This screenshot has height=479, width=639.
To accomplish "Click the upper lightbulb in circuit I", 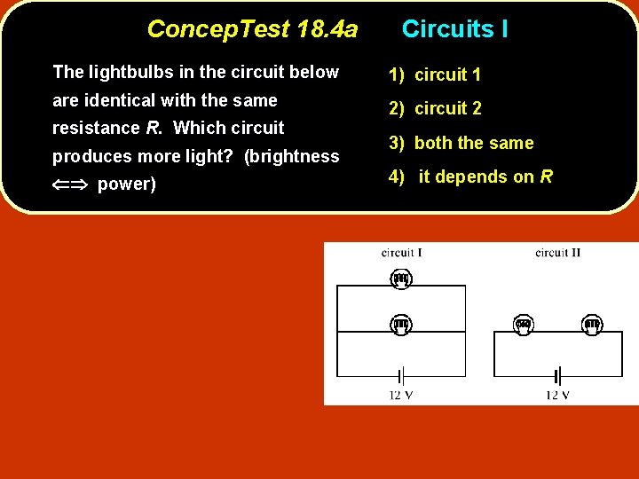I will (401, 279).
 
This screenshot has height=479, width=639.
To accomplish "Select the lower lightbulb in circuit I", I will (401, 325).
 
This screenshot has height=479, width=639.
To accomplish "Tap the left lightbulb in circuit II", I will (524, 325).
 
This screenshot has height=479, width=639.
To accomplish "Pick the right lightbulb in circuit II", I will (592, 325).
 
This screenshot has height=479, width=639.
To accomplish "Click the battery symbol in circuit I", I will (401, 376).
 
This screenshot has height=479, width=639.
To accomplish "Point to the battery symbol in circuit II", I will (558, 376).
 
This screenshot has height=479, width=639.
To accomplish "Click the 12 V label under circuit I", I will (401, 395).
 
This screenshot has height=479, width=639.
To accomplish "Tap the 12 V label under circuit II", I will (558, 395).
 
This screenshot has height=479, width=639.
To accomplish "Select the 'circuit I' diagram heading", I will (401, 253).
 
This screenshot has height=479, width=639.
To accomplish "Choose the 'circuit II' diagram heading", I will (558, 253).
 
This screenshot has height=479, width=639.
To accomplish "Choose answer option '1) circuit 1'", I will (435, 75).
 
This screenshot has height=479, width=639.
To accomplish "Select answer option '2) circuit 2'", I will (435, 109).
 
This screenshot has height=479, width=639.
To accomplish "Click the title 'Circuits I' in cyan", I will (454, 29).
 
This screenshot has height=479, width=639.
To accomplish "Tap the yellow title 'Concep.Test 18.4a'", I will (252, 29).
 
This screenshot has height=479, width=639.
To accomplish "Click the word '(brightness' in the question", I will (291, 156).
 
